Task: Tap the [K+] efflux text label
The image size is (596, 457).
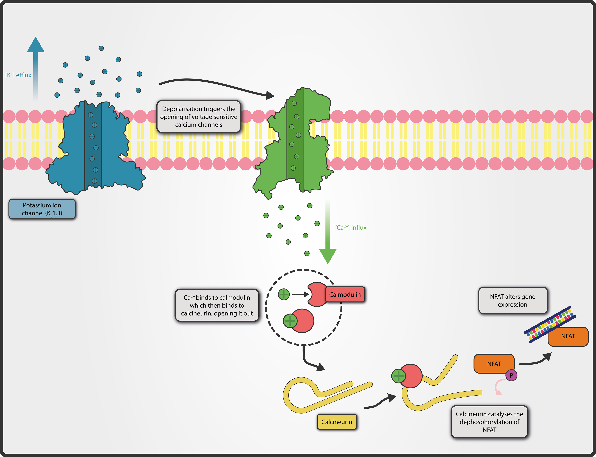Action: (18, 75)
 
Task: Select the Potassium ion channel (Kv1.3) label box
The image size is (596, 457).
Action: (42, 209)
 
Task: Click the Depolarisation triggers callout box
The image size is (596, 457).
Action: (199, 117)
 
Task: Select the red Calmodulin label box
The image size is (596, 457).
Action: (345, 294)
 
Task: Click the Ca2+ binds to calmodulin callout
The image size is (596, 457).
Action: (217, 305)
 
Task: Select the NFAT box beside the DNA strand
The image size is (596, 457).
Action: (568, 336)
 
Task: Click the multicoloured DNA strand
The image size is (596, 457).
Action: (549, 324)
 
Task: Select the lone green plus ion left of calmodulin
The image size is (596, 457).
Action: (284, 294)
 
